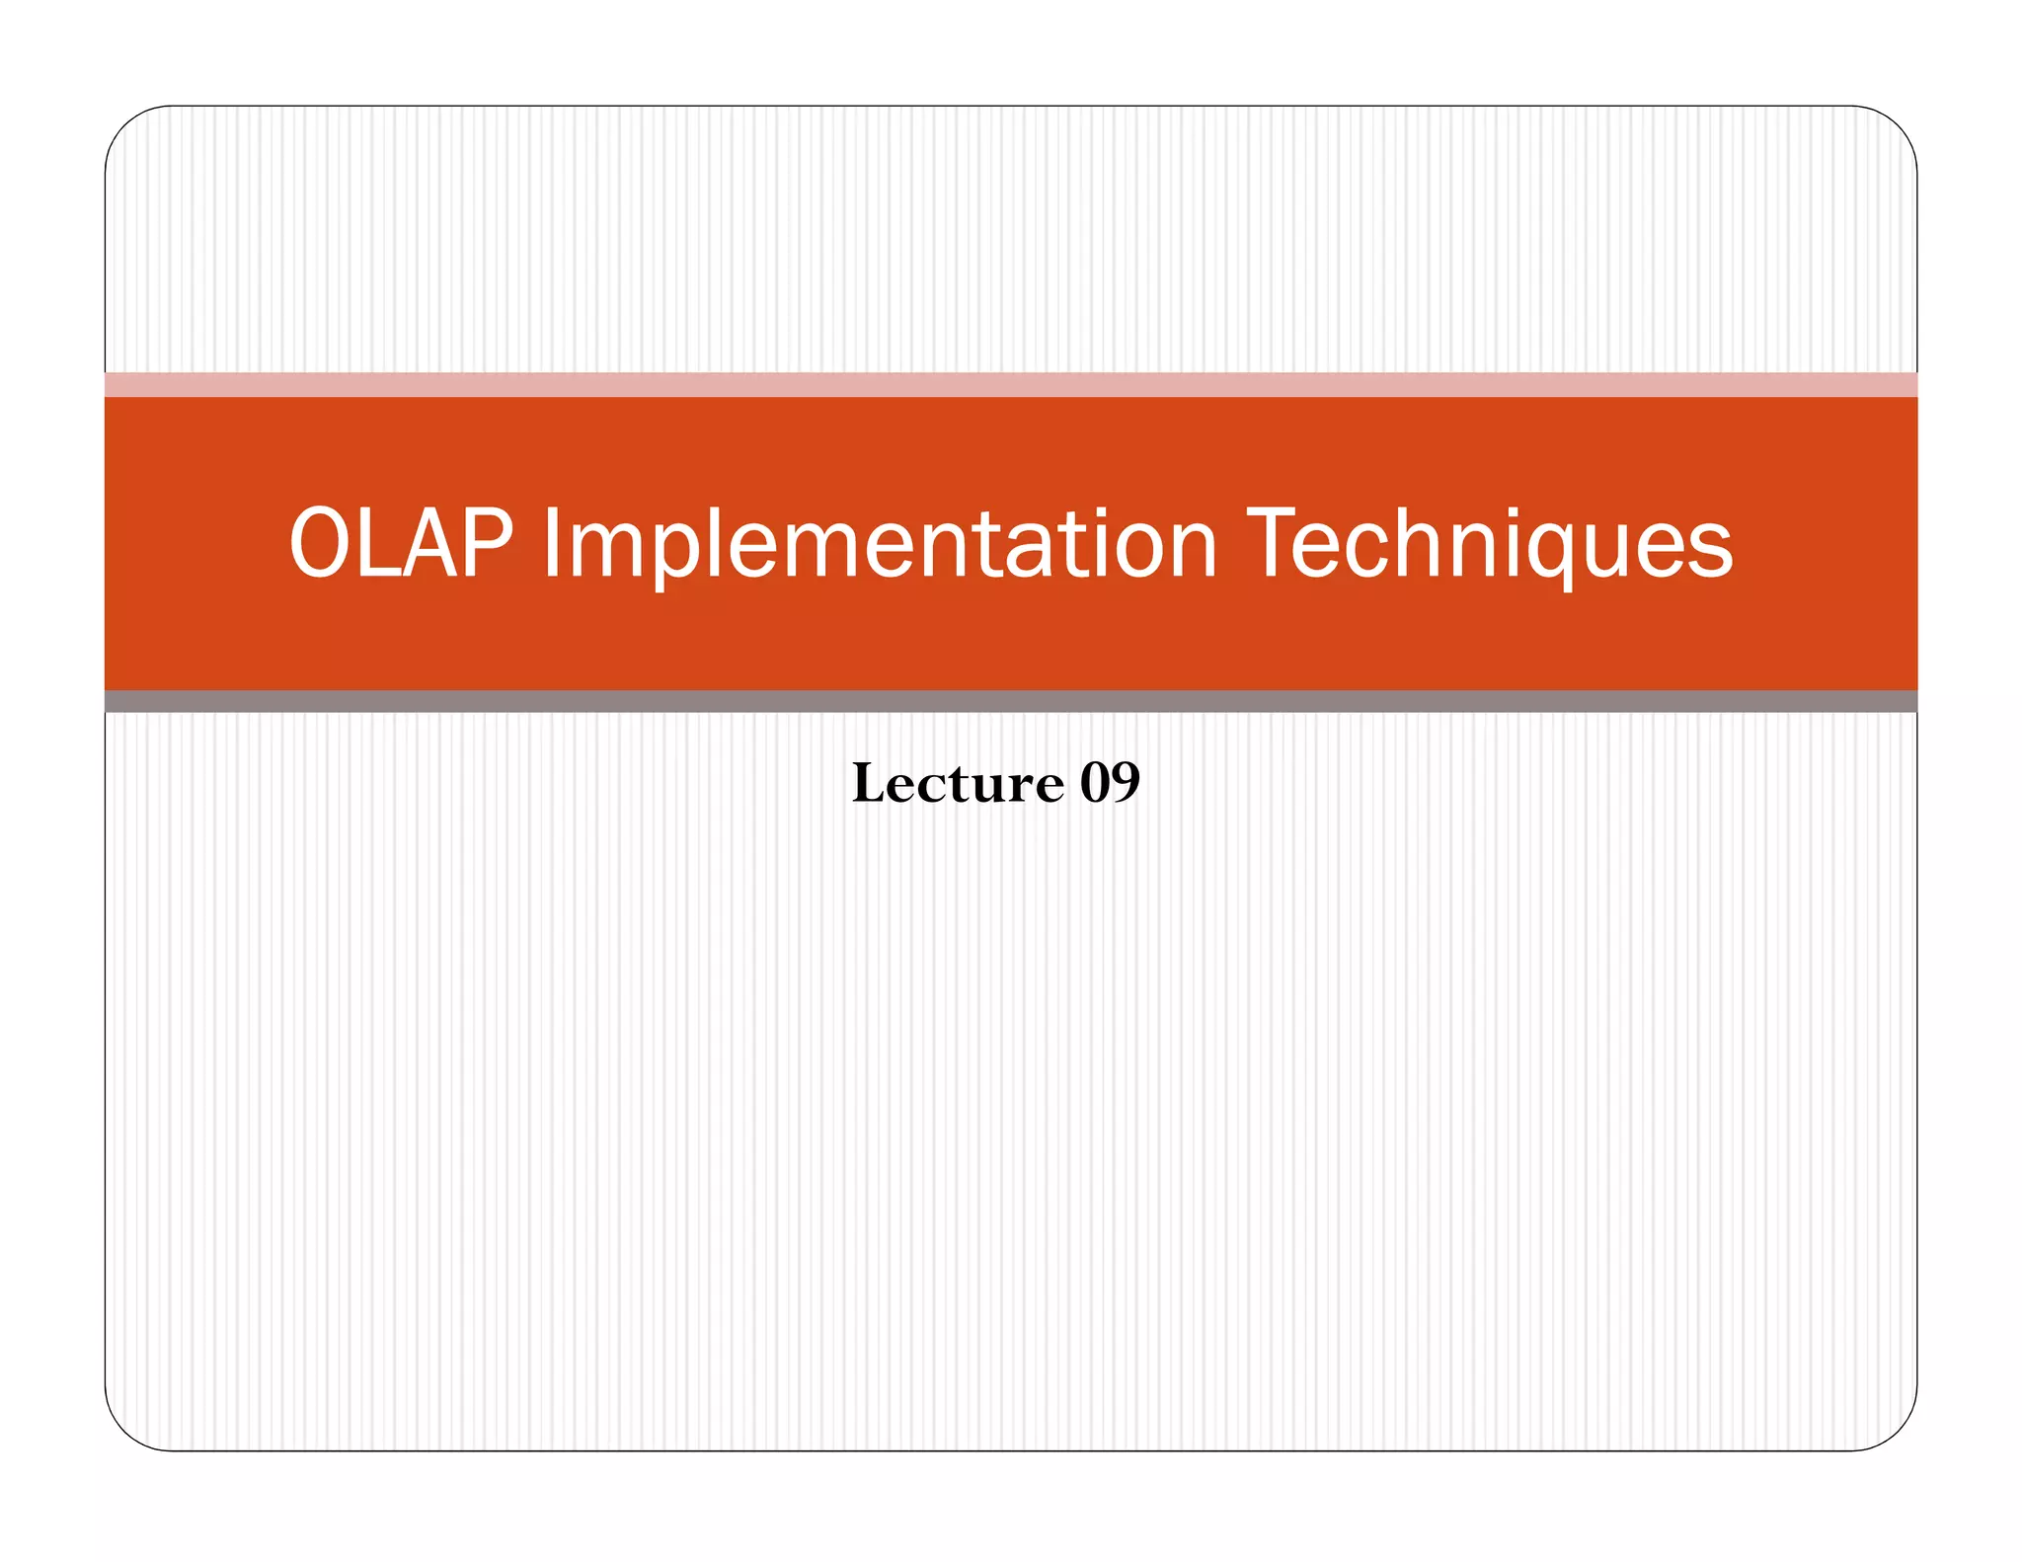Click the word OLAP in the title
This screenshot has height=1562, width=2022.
click(x=401, y=543)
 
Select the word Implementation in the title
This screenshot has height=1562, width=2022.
click(x=880, y=545)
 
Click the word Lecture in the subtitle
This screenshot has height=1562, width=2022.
click(x=958, y=784)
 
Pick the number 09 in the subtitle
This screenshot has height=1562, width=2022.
click(x=1110, y=784)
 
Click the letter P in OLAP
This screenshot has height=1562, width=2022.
click(x=488, y=543)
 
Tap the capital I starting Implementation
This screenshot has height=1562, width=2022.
click(x=550, y=543)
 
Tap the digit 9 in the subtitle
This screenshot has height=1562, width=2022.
click(x=1126, y=784)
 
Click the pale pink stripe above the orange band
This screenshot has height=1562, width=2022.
click(x=1011, y=384)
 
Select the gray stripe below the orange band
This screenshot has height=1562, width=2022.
click(x=1011, y=702)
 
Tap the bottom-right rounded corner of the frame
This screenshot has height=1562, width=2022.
click(x=1898, y=1431)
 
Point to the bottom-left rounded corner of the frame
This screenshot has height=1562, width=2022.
click(x=124, y=1431)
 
